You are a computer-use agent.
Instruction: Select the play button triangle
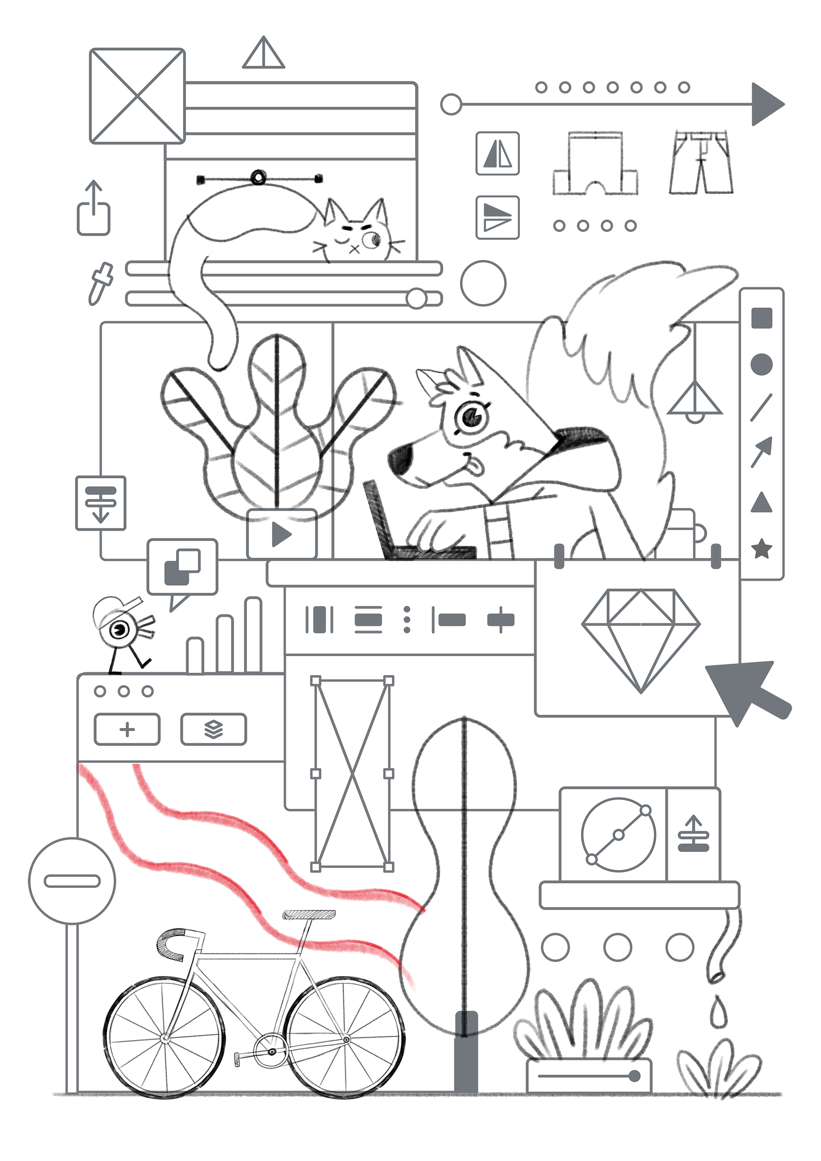[281, 534]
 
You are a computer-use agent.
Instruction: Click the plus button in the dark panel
[127, 729]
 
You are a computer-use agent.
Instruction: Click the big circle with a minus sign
[72, 881]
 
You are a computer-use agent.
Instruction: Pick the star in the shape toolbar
[761, 548]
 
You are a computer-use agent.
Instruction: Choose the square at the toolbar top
[761, 318]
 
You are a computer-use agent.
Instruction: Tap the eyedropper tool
[100, 283]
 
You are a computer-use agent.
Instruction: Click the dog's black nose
[402, 459]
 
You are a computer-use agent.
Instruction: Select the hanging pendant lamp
[694, 402]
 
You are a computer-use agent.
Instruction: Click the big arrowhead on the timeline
[766, 104]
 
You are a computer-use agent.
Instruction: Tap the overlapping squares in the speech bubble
[182, 566]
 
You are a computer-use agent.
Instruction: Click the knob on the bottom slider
[634, 1076]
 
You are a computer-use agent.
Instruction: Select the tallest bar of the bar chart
[252, 635]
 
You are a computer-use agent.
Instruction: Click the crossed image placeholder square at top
[137, 96]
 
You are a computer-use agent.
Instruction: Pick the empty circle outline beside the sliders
[483, 283]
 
